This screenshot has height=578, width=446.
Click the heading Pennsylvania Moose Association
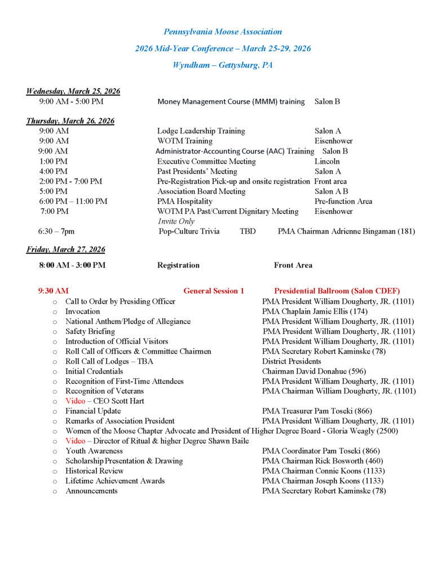click(x=223, y=32)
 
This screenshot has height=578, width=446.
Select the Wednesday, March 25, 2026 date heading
click(x=73, y=91)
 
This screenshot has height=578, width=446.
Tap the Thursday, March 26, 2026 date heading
click(x=70, y=121)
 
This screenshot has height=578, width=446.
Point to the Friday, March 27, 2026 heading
click(x=65, y=249)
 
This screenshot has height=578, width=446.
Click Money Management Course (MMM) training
click(x=232, y=102)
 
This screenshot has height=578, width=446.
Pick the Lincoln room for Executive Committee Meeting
click(x=327, y=161)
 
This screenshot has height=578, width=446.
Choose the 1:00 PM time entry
click(x=54, y=161)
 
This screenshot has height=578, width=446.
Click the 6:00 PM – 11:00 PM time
click(x=73, y=202)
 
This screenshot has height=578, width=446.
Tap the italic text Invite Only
click(x=176, y=221)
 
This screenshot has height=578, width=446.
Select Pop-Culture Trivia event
click(x=189, y=231)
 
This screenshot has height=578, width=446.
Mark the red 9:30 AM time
click(x=54, y=291)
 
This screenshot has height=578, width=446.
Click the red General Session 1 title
click(x=214, y=291)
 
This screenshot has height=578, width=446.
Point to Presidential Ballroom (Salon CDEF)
click(x=337, y=291)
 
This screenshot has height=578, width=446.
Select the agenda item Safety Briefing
click(x=90, y=331)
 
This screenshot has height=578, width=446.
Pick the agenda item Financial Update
click(x=93, y=411)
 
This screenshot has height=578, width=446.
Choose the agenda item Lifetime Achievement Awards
click(x=115, y=481)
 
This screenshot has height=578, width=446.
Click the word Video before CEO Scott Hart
click(x=75, y=401)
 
